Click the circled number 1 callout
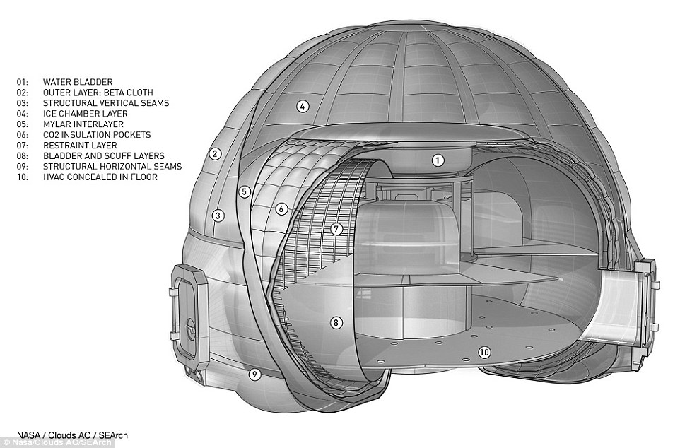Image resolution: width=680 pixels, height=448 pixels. [438, 160]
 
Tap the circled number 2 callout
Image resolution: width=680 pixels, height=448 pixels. [215, 153]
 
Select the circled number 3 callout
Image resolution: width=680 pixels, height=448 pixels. [218, 215]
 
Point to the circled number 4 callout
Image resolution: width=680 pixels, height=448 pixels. [303, 106]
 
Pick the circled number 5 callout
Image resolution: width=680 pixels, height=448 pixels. [245, 191]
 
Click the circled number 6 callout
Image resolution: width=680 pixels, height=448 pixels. [281, 209]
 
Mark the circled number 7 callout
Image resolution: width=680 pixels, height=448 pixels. [336, 228]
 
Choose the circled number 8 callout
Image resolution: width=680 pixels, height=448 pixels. [336, 322]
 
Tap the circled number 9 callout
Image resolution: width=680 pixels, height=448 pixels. [254, 373]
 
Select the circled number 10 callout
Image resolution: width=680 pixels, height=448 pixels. [484, 352]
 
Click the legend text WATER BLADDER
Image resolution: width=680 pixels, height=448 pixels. [78, 82]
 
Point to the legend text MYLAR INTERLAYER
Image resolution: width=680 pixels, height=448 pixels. [83, 124]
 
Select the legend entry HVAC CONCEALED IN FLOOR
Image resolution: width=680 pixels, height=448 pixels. [100, 177]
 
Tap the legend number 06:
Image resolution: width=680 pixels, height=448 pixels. [23, 135]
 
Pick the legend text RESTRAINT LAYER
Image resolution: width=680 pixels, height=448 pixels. [80, 146]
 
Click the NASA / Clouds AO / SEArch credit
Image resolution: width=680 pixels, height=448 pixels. [72, 435]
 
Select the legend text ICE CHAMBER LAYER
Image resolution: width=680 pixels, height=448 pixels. [86, 114]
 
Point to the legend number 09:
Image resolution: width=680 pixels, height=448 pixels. [23, 167]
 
